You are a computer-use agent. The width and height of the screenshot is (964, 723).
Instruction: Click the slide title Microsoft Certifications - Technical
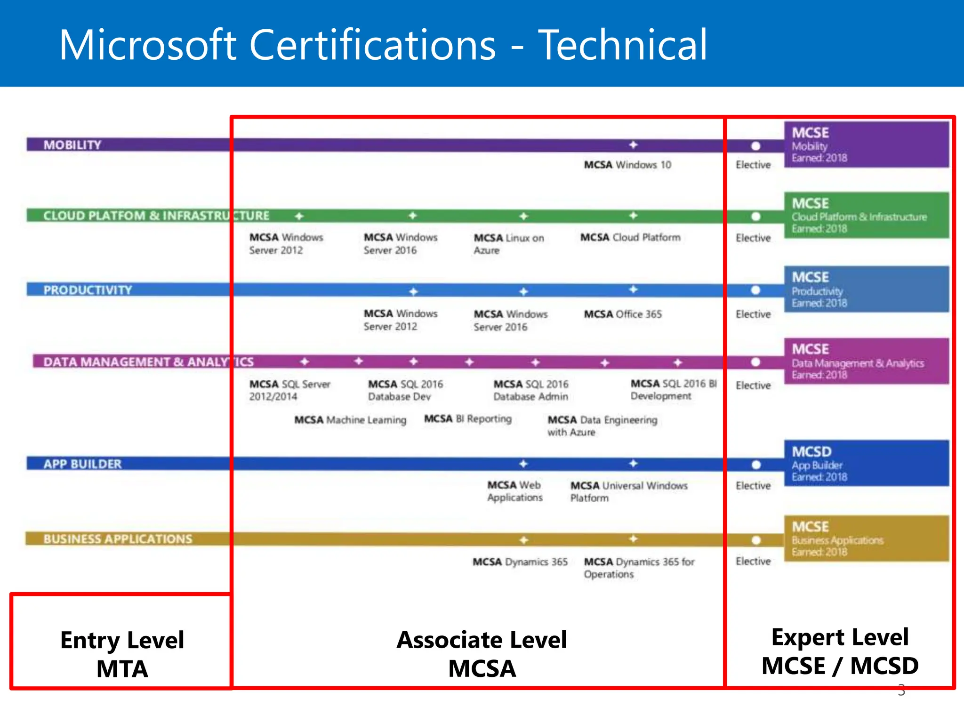pyautogui.click(x=383, y=45)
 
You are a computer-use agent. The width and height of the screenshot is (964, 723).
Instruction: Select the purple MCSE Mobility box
pyautogui.click(x=866, y=145)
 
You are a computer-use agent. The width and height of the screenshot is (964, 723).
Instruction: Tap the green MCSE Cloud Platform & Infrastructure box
pyautogui.click(x=866, y=215)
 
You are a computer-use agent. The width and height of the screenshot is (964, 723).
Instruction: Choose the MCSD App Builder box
pyautogui.click(x=866, y=463)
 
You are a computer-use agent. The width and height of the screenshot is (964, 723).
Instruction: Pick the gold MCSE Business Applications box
pyautogui.click(x=866, y=538)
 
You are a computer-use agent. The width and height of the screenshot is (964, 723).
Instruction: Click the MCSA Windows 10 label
pyautogui.click(x=627, y=165)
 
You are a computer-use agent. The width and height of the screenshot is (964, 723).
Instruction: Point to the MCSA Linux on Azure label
pyautogui.click(x=508, y=244)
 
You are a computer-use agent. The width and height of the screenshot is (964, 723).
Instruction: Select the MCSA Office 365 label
pyautogui.click(x=623, y=314)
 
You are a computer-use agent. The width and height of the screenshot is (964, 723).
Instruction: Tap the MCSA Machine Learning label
pyautogui.click(x=350, y=419)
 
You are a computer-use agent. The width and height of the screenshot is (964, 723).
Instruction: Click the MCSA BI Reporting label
pyautogui.click(x=467, y=418)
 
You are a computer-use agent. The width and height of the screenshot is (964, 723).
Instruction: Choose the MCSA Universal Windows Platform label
pyautogui.click(x=628, y=491)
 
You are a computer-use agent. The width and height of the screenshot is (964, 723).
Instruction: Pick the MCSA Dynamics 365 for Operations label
pyautogui.click(x=639, y=568)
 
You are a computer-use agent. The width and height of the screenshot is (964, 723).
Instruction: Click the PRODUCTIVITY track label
pyautogui.click(x=88, y=290)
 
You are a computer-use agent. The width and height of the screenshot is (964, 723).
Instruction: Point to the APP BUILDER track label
pyautogui.click(x=82, y=464)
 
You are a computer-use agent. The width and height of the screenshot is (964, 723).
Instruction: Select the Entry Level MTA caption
pyautogui.click(x=122, y=654)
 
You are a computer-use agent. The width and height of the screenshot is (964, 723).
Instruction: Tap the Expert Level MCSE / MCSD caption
pyautogui.click(x=840, y=651)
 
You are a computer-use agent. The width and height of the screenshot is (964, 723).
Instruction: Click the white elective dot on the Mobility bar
pyautogui.click(x=755, y=146)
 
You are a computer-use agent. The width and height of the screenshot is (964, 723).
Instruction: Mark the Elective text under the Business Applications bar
pyautogui.click(x=753, y=561)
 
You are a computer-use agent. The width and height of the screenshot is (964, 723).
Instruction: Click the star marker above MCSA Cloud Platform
pyautogui.click(x=634, y=216)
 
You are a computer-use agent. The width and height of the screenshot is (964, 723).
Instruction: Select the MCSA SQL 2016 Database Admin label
pyautogui.click(x=530, y=390)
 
